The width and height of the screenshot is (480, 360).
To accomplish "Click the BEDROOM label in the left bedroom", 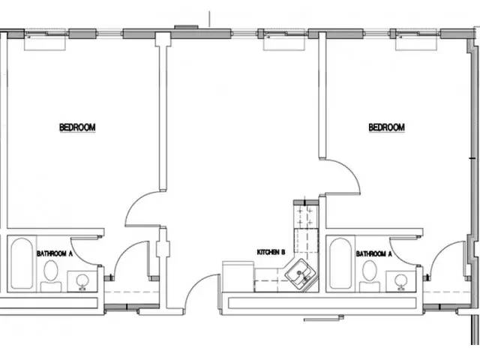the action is click(77, 127).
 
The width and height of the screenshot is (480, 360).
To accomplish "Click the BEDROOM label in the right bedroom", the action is click(387, 127).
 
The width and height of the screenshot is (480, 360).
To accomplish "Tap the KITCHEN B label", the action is click(271, 252).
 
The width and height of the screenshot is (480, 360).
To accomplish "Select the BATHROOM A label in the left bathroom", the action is click(55, 253).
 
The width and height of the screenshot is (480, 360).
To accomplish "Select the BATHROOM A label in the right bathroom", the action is click(373, 253).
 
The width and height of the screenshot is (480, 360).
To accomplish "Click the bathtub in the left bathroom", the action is click(22, 263).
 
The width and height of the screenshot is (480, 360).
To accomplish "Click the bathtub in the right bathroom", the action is click(340, 263).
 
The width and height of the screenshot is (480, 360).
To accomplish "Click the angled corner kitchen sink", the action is click(301, 274).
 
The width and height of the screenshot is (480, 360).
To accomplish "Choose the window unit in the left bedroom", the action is click(45, 40).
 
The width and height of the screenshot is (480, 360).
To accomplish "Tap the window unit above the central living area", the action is click(284, 40).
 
